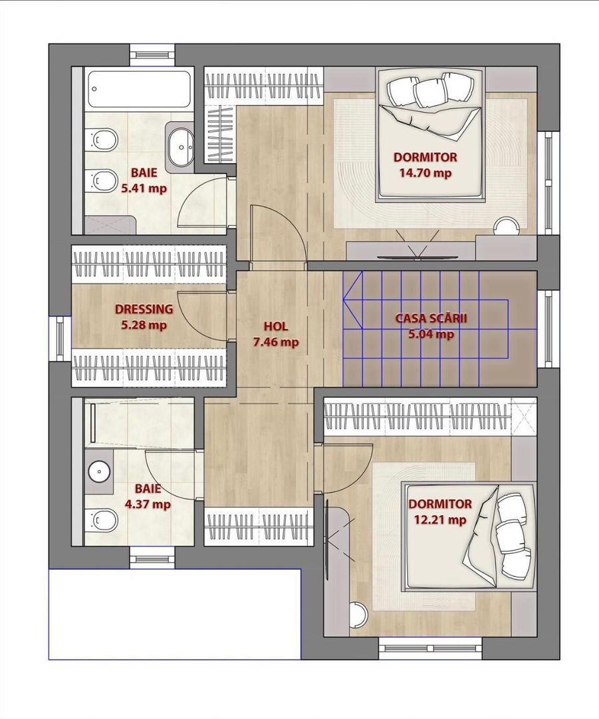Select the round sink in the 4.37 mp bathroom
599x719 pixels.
click(98, 471)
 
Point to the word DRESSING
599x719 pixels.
click(144, 309)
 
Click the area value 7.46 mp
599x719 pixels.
click(276, 342)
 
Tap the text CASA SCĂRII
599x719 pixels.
click(431, 318)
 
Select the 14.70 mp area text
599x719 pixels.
click(425, 173)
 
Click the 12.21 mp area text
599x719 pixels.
click(439, 520)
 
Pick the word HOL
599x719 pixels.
click(276, 326)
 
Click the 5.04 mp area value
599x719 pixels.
click(431, 334)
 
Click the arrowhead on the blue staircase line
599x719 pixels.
click(352, 300)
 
